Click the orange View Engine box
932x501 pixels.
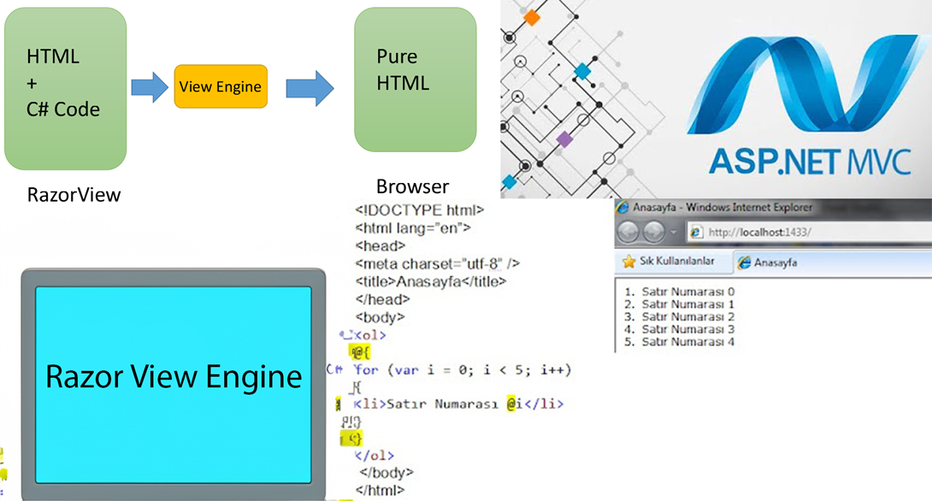click(221, 86)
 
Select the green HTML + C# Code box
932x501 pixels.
click(65, 88)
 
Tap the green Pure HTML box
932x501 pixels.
click(415, 80)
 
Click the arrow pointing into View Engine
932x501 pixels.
click(150, 87)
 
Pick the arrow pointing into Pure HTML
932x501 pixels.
click(309, 87)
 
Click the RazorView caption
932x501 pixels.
click(74, 195)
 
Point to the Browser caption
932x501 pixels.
click(412, 186)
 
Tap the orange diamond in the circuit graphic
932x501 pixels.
click(532, 16)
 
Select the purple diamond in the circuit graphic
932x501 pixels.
click(564, 139)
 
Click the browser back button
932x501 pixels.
click(628, 232)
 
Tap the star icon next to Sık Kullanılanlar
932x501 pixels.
click(628, 262)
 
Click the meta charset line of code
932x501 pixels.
click(437, 263)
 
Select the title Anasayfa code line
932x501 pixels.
click(430, 281)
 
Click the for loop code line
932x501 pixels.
click(462, 370)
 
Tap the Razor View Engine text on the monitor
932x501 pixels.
click(174, 377)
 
